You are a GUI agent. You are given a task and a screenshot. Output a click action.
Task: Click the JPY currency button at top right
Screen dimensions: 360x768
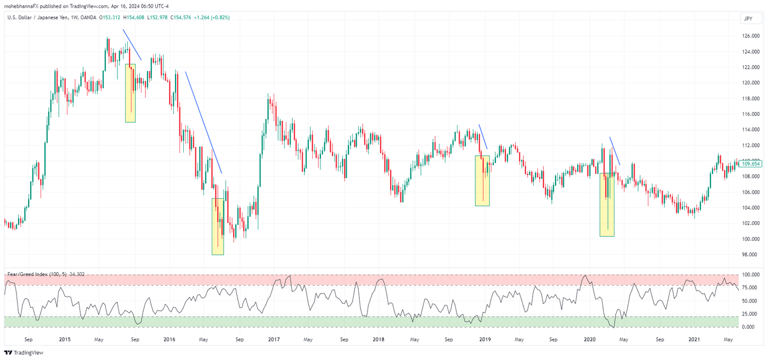point(748,19)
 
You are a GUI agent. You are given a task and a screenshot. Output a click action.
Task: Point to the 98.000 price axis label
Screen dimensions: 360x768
point(750,255)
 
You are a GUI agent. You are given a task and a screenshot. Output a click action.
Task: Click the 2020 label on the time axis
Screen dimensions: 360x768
point(589,340)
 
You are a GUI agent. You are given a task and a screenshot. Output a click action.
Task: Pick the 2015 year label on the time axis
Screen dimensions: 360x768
point(65,340)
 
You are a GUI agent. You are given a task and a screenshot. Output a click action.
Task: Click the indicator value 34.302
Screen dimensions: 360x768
point(76,274)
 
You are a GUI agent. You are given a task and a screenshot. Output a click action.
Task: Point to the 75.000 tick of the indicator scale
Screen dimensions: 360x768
point(750,287)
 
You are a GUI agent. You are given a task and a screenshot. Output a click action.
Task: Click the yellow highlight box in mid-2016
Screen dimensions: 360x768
point(218,226)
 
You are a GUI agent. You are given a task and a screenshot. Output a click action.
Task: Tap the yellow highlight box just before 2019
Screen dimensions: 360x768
point(482,181)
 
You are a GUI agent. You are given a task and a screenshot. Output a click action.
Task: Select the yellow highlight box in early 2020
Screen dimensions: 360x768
point(607,205)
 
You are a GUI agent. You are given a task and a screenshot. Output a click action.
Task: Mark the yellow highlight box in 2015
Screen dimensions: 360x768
point(130,93)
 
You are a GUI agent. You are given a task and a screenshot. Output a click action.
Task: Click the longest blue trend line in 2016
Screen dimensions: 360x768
point(204,122)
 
